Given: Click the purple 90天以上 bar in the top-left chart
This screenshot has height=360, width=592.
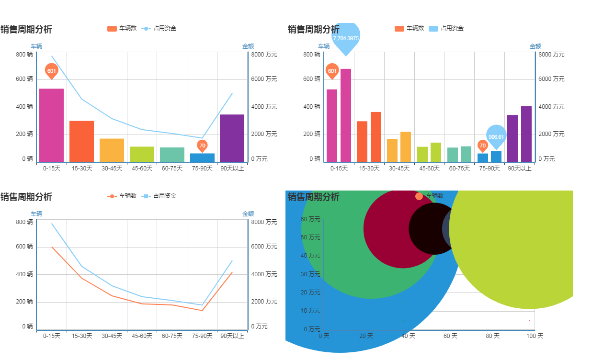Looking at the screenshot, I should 232,138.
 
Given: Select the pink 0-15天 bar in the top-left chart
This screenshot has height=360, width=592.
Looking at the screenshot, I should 51,125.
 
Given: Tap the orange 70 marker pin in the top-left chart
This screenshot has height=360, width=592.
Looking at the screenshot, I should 202,145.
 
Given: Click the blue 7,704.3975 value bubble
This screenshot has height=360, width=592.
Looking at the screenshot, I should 345,38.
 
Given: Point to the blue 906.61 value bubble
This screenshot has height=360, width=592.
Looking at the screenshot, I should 496,136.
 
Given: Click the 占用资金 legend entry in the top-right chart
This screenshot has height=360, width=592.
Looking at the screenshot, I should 446,28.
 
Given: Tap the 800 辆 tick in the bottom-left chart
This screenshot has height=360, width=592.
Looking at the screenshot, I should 24,222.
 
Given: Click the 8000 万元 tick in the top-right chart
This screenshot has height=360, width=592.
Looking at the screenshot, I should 551,55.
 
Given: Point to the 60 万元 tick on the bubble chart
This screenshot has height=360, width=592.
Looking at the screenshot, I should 310,219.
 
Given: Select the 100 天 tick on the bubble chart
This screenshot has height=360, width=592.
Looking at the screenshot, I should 535,337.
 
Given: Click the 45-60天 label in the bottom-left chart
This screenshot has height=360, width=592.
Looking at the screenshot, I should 142,336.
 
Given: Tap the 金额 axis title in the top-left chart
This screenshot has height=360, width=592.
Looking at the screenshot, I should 248,46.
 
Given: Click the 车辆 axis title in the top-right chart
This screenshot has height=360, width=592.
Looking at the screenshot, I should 324,46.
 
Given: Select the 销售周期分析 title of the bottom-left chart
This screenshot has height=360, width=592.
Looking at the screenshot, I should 26,197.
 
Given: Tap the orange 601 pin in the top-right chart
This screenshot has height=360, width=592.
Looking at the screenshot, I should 332,71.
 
